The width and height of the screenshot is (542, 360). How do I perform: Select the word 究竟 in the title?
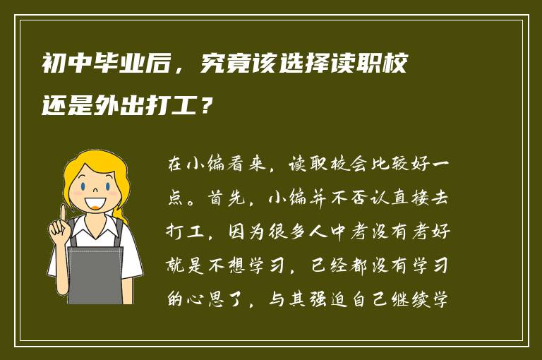[224, 67]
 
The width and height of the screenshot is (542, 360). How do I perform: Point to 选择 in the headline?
[306, 67]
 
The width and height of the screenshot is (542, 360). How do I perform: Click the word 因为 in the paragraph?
[255, 231]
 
